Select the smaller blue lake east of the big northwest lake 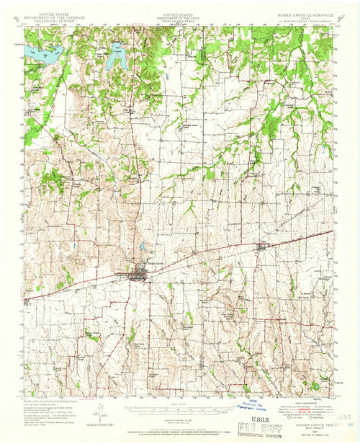click(117, 58)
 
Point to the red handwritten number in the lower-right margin click(344, 416)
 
